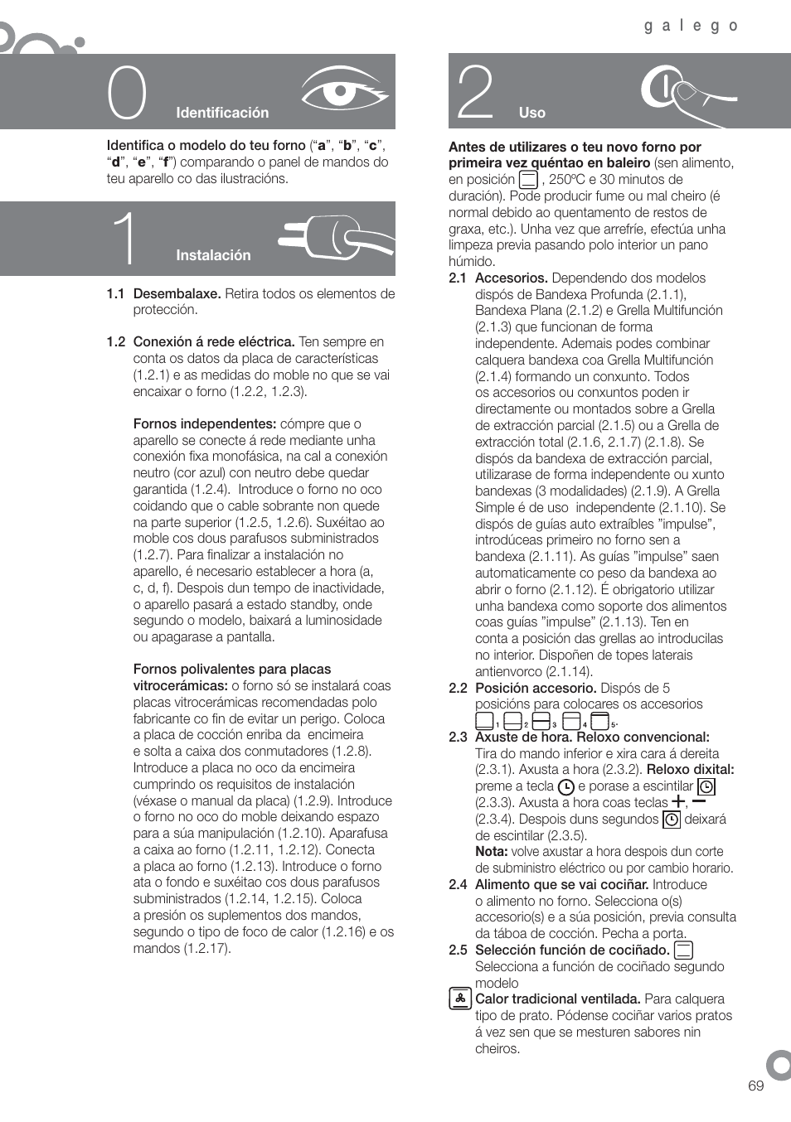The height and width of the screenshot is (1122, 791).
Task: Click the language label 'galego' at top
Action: (691, 26)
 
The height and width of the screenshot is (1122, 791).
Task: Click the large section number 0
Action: (127, 94)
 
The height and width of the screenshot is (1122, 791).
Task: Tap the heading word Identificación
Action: (222, 113)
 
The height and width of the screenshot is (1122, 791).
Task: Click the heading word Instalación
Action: (213, 255)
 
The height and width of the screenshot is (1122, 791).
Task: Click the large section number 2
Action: (476, 94)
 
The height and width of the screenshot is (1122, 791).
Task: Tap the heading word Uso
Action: (532, 113)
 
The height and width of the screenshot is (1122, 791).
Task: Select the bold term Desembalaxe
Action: (177, 293)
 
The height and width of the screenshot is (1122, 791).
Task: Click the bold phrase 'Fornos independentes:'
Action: (205, 423)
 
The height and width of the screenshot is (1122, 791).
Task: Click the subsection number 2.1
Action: (458, 278)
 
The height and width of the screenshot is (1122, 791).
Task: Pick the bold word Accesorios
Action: (511, 278)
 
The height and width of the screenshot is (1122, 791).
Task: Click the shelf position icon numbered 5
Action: (599, 721)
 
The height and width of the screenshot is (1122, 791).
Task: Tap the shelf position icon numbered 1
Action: (484, 721)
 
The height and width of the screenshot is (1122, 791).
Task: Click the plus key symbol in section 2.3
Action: (678, 801)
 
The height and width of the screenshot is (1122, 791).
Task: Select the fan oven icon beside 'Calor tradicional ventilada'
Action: (459, 999)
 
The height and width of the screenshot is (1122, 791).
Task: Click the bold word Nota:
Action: (491, 851)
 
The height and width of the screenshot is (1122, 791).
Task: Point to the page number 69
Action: (755, 1086)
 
